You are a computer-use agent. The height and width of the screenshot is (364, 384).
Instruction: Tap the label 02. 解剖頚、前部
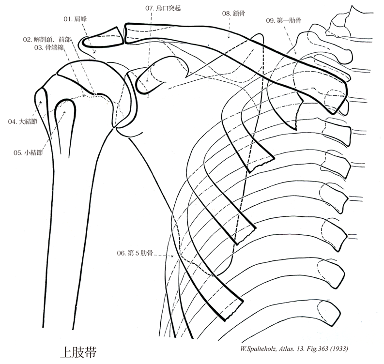(47, 39)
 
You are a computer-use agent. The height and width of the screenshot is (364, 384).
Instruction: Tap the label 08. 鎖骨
(233, 15)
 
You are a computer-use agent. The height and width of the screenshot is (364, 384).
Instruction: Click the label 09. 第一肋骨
(284, 20)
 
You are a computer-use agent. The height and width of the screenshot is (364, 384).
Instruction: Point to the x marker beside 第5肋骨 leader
(172, 255)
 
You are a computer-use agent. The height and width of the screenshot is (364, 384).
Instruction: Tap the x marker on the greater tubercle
(41, 103)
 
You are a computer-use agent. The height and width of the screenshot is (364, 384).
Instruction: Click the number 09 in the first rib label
(270, 20)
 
